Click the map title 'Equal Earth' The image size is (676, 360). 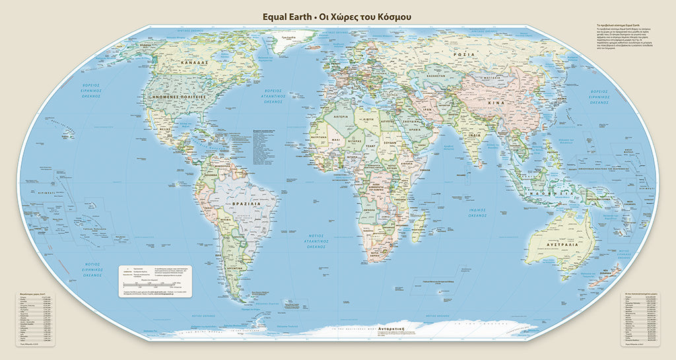[288, 16]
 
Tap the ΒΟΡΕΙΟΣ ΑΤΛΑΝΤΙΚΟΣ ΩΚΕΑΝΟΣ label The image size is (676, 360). [267, 96]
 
